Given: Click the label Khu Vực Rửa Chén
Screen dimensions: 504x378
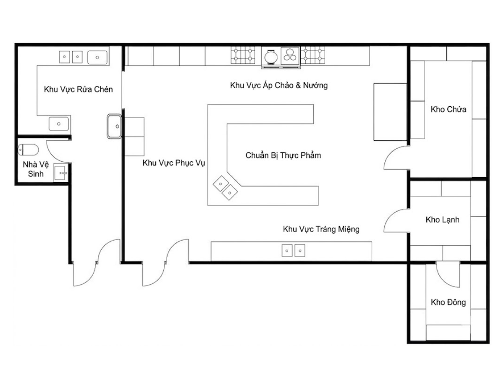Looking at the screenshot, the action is click(78, 89).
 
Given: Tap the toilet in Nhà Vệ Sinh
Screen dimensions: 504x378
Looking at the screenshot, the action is click(28, 150).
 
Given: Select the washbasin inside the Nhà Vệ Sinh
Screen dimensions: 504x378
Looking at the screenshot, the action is click(60, 173).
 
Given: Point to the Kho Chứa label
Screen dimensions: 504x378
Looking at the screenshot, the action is click(448, 109).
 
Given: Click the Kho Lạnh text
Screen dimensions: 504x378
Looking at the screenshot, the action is click(442, 220).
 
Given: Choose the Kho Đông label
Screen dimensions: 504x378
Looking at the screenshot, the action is click(448, 302).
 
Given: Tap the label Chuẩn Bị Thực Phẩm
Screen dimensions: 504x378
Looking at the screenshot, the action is click(283, 155).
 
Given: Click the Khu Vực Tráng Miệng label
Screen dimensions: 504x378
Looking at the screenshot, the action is click(321, 229).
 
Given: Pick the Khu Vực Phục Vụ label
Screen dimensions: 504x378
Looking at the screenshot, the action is click(173, 163).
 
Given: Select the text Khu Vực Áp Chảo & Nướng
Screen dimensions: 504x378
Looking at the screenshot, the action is click(279, 85).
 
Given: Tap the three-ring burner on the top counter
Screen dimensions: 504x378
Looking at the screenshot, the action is click(290, 55).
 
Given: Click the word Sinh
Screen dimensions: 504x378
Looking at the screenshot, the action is click(36, 174).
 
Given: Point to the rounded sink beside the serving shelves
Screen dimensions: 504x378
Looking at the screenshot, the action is click(114, 126).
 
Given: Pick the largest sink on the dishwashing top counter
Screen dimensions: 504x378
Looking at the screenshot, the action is click(97, 58).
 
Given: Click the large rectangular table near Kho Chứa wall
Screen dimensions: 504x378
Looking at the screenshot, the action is click(390, 112).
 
